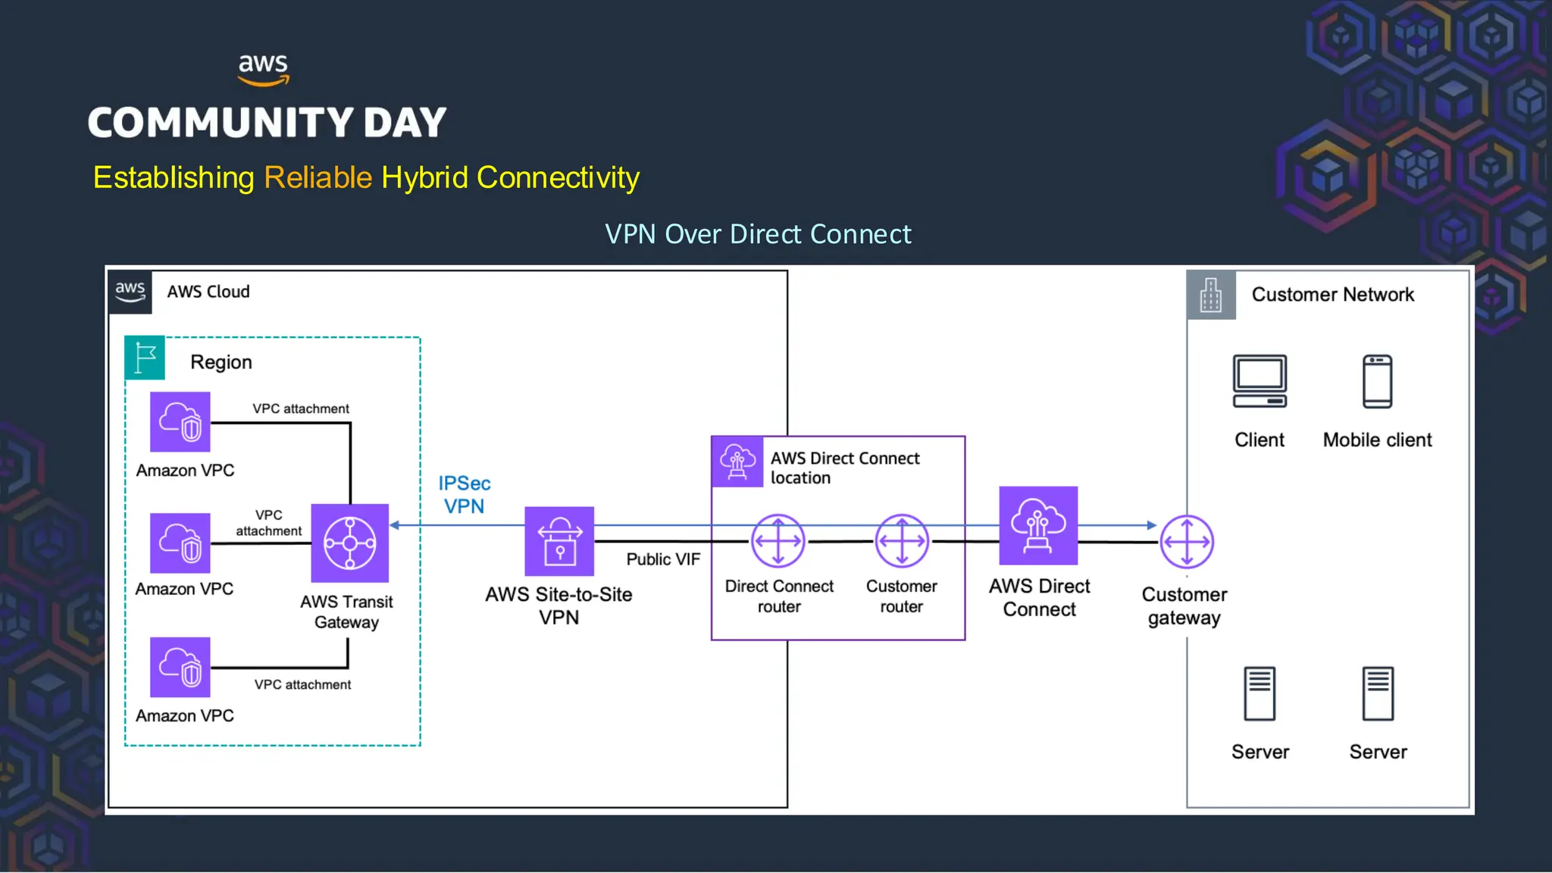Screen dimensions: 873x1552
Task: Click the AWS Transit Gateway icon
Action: pos(349,543)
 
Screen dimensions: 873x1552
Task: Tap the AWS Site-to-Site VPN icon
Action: pos(559,541)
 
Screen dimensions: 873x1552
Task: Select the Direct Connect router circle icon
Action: pos(778,541)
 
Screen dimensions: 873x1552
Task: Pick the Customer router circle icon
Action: pos(901,541)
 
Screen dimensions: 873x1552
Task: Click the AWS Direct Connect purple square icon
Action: pos(1038,525)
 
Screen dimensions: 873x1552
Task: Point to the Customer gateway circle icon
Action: pos(1187,542)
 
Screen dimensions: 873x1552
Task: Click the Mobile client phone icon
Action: pos(1377,381)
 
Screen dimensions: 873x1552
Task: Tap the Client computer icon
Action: pos(1259,381)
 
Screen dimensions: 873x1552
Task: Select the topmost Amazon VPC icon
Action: pos(180,421)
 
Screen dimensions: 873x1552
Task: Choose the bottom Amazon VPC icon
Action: pos(180,667)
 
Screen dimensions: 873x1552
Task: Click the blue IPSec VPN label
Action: pos(464,494)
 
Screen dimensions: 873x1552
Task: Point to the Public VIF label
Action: pos(663,559)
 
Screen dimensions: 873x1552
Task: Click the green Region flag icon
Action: pos(145,357)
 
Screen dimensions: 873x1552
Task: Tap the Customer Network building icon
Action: pos(1211,295)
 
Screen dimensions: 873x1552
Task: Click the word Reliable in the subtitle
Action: pos(318,177)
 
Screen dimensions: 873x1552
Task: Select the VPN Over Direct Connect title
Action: pos(758,234)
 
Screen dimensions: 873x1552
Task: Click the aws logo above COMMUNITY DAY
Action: pos(263,69)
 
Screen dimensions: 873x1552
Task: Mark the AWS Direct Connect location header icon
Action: pos(737,462)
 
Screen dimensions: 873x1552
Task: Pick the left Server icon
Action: pos(1259,693)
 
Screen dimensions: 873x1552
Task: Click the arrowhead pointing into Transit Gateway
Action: pos(395,525)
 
